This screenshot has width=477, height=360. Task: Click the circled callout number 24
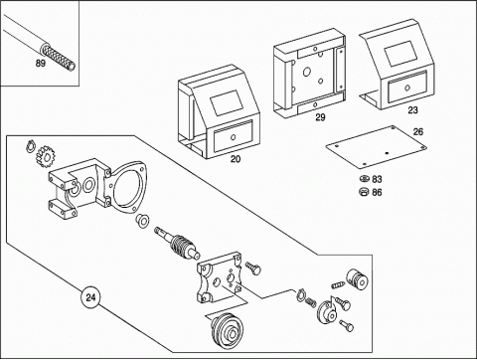[x=90, y=297]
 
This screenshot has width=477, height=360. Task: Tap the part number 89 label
[x=41, y=63]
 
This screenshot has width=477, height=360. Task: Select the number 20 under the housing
[x=236, y=159]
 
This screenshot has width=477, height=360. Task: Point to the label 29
[x=320, y=117]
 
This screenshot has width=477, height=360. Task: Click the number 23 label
[x=412, y=110]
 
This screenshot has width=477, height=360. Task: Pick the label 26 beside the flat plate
[x=418, y=132]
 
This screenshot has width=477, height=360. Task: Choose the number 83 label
[x=377, y=179]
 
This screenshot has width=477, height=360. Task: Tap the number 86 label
[x=377, y=192]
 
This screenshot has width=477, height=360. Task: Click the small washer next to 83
[x=364, y=179]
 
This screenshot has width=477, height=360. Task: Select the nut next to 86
[x=364, y=192]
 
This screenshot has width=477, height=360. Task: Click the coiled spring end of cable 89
[x=59, y=58]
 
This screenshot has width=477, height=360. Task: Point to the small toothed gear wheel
[x=44, y=157]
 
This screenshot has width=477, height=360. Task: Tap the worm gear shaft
[x=177, y=244]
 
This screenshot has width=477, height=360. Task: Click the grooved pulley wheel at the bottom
[x=229, y=331]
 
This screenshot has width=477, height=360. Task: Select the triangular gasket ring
[x=127, y=187]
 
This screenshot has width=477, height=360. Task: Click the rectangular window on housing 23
[x=399, y=53]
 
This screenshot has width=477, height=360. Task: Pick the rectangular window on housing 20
[x=228, y=103]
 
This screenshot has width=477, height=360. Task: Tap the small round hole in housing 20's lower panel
[x=234, y=137]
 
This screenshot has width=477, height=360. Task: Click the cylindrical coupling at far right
[x=358, y=280]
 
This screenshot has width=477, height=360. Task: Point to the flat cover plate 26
[x=376, y=146]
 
